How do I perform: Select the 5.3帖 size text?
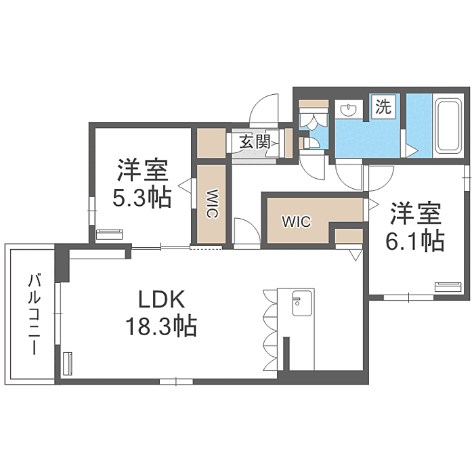click(x=142, y=197)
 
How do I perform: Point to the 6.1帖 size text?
click(x=415, y=240)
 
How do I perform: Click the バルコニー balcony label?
click(x=33, y=315)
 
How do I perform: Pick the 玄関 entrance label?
click(x=255, y=142)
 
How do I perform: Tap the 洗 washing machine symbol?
click(x=383, y=107)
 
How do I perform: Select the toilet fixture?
click(x=314, y=119)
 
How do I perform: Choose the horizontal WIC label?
click(x=296, y=221)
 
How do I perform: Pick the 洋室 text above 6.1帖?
click(x=415, y=213)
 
